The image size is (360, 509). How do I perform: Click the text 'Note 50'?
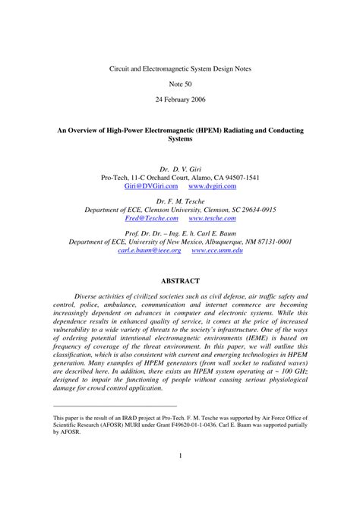pos(180,84)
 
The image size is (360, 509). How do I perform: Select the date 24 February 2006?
pos(180,100)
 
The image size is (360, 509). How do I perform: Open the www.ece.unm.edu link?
pos(217,250)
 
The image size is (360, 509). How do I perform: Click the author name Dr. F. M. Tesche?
pos(180,200)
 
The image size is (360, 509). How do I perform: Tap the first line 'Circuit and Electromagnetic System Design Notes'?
pos(180,68)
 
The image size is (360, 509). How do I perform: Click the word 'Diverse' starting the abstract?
pos(88,296)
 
